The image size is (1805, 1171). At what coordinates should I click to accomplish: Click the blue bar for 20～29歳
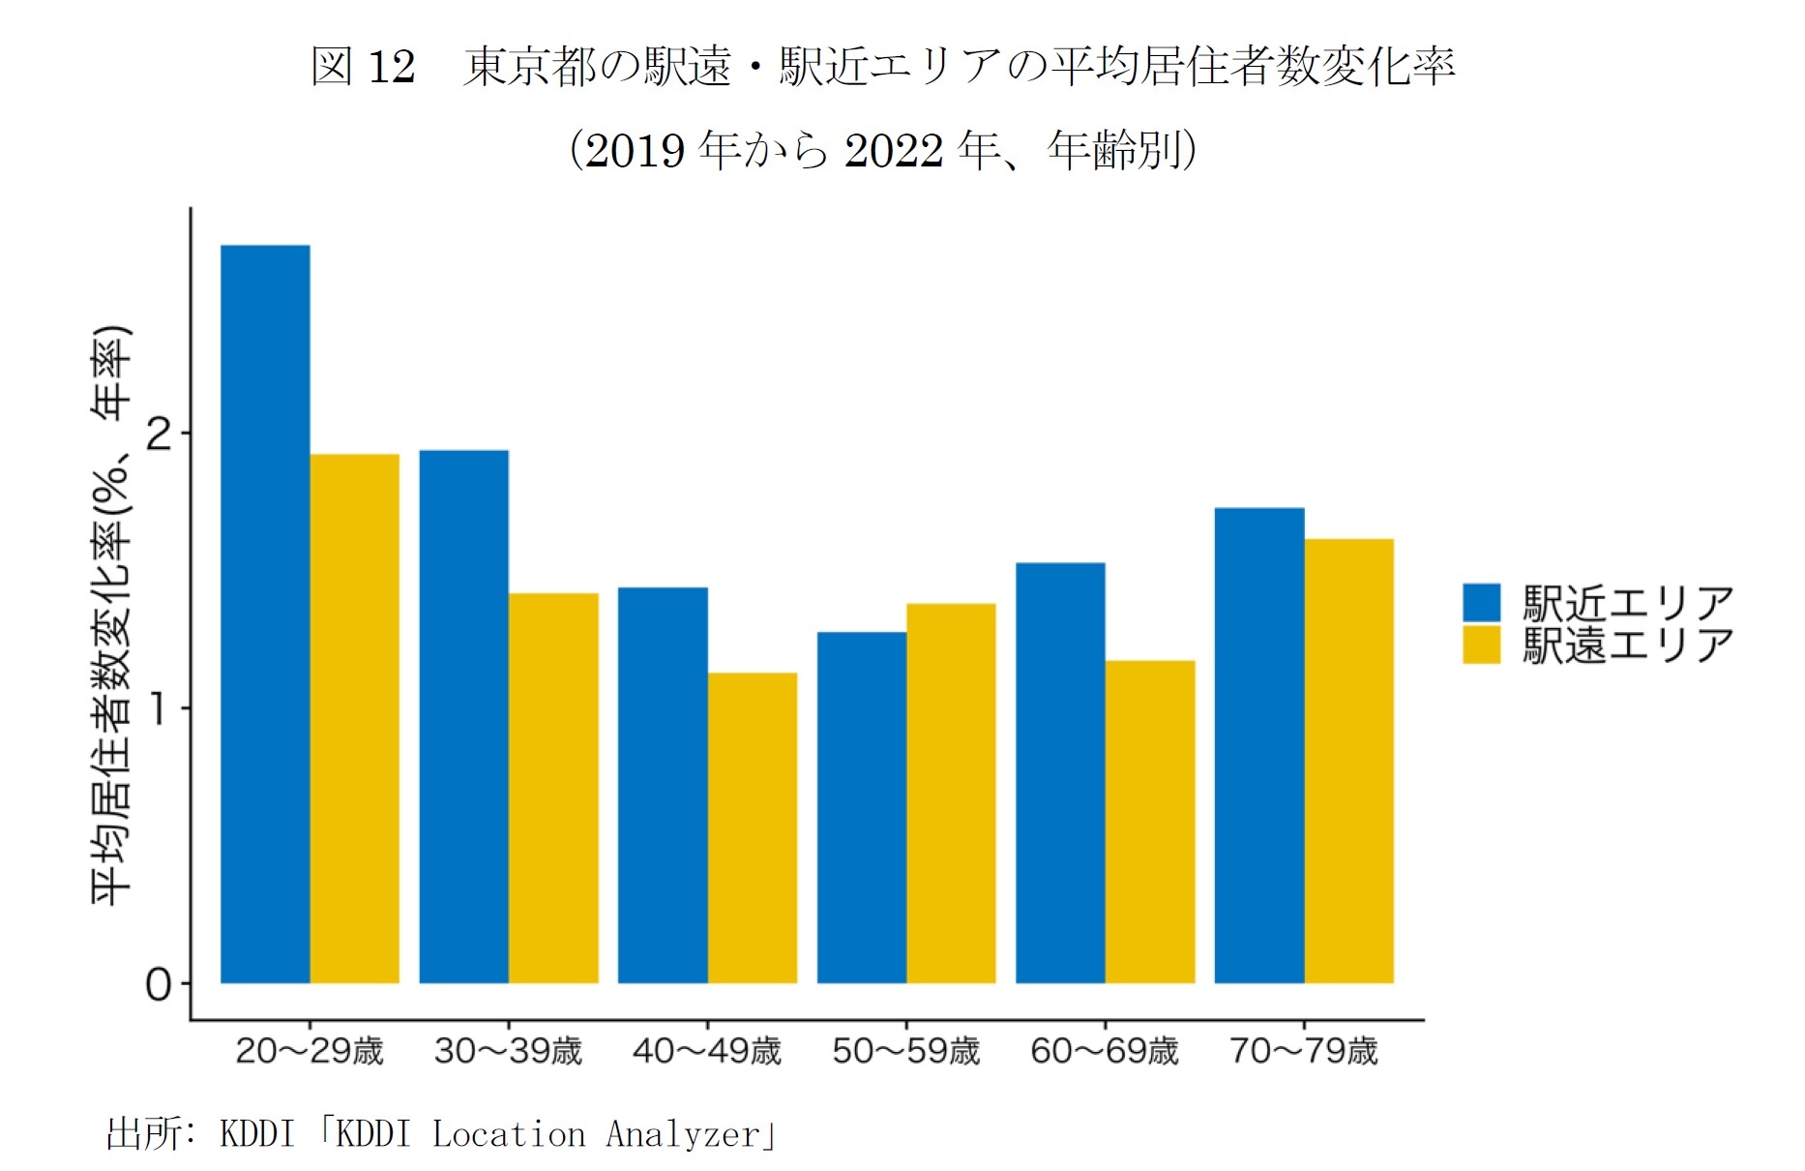(265, 615)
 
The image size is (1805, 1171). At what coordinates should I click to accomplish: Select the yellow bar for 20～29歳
(354, 719)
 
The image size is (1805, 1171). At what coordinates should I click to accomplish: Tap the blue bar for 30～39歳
(463, 716)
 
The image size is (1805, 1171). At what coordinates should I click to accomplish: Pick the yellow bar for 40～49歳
(752, 827)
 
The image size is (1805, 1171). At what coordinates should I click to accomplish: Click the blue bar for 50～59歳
(861, 807)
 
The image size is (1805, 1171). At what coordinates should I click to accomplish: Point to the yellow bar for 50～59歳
(951, 794)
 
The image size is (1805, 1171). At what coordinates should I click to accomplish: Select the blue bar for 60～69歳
(1060, 772)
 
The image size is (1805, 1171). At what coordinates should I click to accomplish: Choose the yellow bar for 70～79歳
(1348, 761)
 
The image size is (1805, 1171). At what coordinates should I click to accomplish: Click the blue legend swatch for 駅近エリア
(1481, 602)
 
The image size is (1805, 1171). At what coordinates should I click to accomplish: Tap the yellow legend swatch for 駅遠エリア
(1481, 645)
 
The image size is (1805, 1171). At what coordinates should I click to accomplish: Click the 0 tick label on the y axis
(158, 984)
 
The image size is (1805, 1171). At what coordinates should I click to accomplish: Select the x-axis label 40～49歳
(706, 1051)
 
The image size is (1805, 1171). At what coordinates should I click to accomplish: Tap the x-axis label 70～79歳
(1303, 1051)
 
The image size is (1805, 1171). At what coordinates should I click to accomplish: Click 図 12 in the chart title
(363, 67)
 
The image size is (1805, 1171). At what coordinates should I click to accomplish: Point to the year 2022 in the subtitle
(893, 151)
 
